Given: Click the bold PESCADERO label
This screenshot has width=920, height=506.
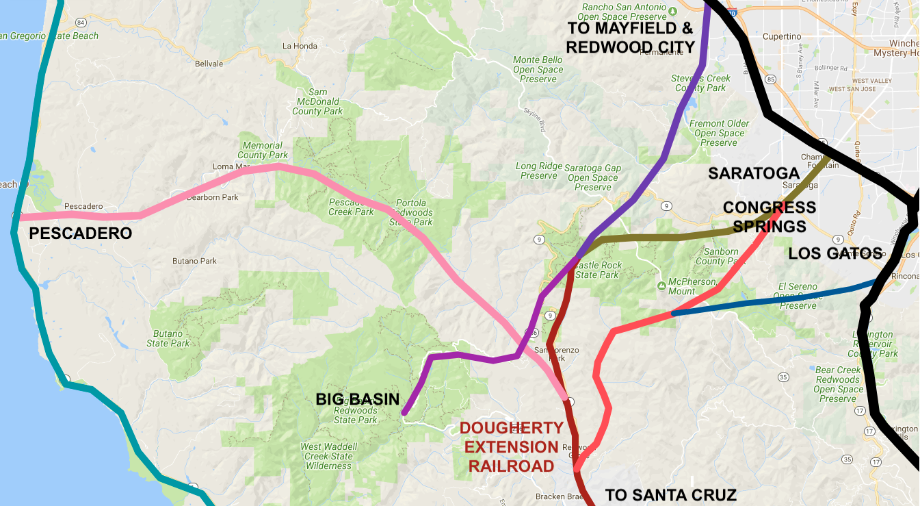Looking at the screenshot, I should tap(80, 234).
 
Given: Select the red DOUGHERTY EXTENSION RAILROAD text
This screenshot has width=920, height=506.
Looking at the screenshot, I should tap(512, 447).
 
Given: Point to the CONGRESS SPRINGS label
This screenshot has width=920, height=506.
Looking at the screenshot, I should tap(769, 216).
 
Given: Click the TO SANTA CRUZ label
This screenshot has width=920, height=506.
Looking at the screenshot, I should tap(670, 495).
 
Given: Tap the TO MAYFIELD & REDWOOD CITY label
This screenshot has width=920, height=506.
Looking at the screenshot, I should tap(630, 38).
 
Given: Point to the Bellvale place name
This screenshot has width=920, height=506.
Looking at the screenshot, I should tap(209, 64).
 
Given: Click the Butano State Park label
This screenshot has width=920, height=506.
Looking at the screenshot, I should tap(168, 338).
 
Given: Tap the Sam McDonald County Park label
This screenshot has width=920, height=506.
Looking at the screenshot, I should tap(317, 101).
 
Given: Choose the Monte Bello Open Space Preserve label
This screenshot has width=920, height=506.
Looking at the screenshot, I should tap(538, 69).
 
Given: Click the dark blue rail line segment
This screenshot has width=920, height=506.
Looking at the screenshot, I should tap(773, 298).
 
